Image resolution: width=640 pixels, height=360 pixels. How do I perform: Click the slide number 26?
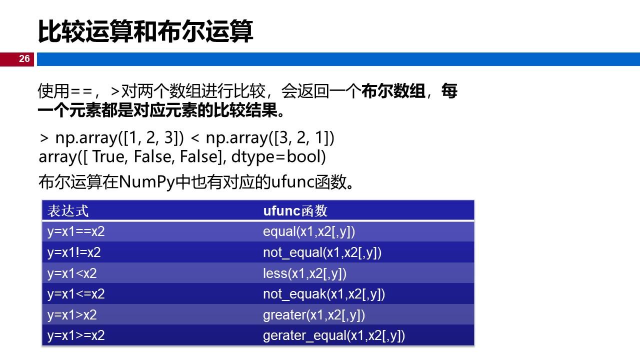[x=24, y=59]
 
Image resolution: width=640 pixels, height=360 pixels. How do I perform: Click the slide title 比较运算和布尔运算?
[x=145, y=31]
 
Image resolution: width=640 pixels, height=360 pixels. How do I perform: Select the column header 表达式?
[x=68, y=210]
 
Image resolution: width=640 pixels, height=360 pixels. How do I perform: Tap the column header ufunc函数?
[x=295, y=210]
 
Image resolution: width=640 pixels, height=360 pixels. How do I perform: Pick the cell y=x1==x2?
[x=76, y=231]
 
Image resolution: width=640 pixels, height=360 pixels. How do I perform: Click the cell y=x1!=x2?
[x=74, y=252]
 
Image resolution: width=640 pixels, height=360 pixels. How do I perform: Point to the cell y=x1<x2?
[x=72, y=273]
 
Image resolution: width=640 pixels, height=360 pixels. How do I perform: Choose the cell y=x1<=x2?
[x=76, y=294]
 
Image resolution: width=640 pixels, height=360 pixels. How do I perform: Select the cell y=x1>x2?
[x=72, y=315]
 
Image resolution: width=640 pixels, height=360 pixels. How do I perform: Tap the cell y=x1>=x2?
[x=76, y=335]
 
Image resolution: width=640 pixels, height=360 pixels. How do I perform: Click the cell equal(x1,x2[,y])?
[x=309, y=231]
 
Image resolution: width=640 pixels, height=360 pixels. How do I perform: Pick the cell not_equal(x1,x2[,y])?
[x=322, y=252]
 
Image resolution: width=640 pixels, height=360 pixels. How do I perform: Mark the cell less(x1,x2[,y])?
[x=304, y=273]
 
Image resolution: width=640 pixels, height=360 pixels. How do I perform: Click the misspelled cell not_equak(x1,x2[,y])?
[x=324, y=294]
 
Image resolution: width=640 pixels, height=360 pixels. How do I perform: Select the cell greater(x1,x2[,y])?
[x=314, y=315]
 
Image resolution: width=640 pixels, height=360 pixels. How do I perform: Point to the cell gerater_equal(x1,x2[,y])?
[x=333, y=335]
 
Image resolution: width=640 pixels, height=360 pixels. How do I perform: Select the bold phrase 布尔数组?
[x=393, y=91]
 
